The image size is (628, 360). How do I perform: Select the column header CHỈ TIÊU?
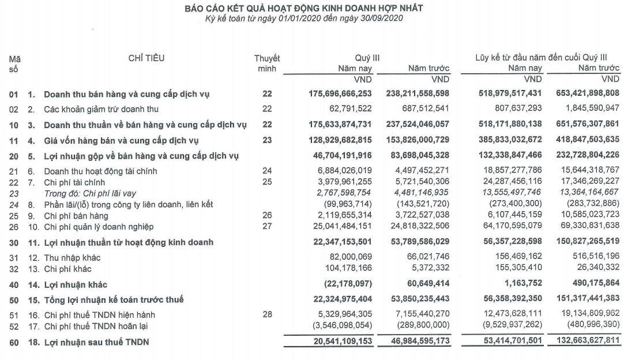(x=146, y=58)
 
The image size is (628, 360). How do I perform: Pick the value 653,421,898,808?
(x=583, y=93)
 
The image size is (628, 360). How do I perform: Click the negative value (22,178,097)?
(x=348, y=284)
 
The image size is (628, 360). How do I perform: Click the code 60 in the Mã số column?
(x=13, y=343)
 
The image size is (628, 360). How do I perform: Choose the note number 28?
(x=266, y=314)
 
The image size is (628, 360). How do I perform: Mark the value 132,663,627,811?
(x=583, y=343)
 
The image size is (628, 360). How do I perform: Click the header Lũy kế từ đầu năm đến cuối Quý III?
(x=541, y=58)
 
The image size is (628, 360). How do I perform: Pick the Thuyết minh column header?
(x=267, y=63)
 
